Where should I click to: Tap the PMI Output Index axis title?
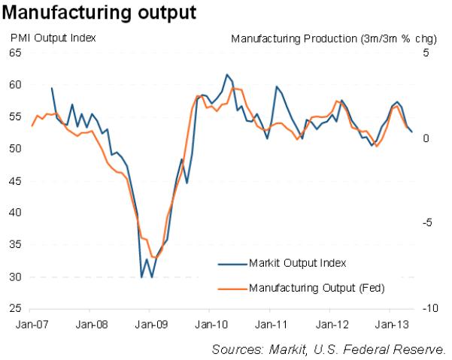click(53, 38)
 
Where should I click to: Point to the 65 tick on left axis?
click(15, 53)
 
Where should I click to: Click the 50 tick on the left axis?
click(15, 149)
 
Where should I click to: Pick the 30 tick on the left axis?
click(15, 277)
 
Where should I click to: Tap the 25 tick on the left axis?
click(15, 309)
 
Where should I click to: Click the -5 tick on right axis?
click(428, 223)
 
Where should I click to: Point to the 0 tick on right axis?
click(426, 138)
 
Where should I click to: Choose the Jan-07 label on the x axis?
click(29, 325)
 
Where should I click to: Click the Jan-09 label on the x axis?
click(149, 325)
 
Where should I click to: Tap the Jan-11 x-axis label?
click(269, 325)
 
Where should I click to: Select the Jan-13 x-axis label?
click(390, 325)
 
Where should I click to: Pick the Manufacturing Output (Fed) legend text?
click(306, 287)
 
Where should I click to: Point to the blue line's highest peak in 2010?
click(227, 74)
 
